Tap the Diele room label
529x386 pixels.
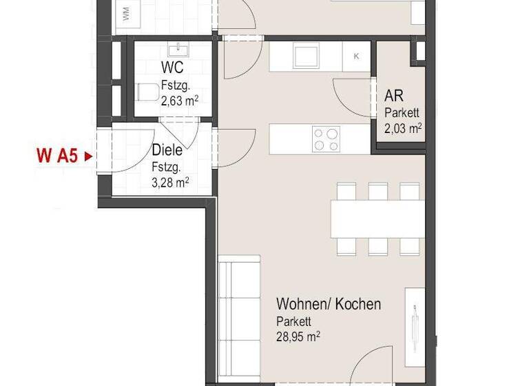167,150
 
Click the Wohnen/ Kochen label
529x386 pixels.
329,304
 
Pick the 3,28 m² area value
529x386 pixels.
171,183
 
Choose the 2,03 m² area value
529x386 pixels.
402,128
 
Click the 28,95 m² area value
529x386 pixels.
298,337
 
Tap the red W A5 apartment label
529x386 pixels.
56,156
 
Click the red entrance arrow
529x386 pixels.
87,156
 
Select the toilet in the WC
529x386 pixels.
147,92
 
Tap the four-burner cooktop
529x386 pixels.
326,139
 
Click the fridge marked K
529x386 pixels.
356,57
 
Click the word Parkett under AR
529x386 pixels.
402,113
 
